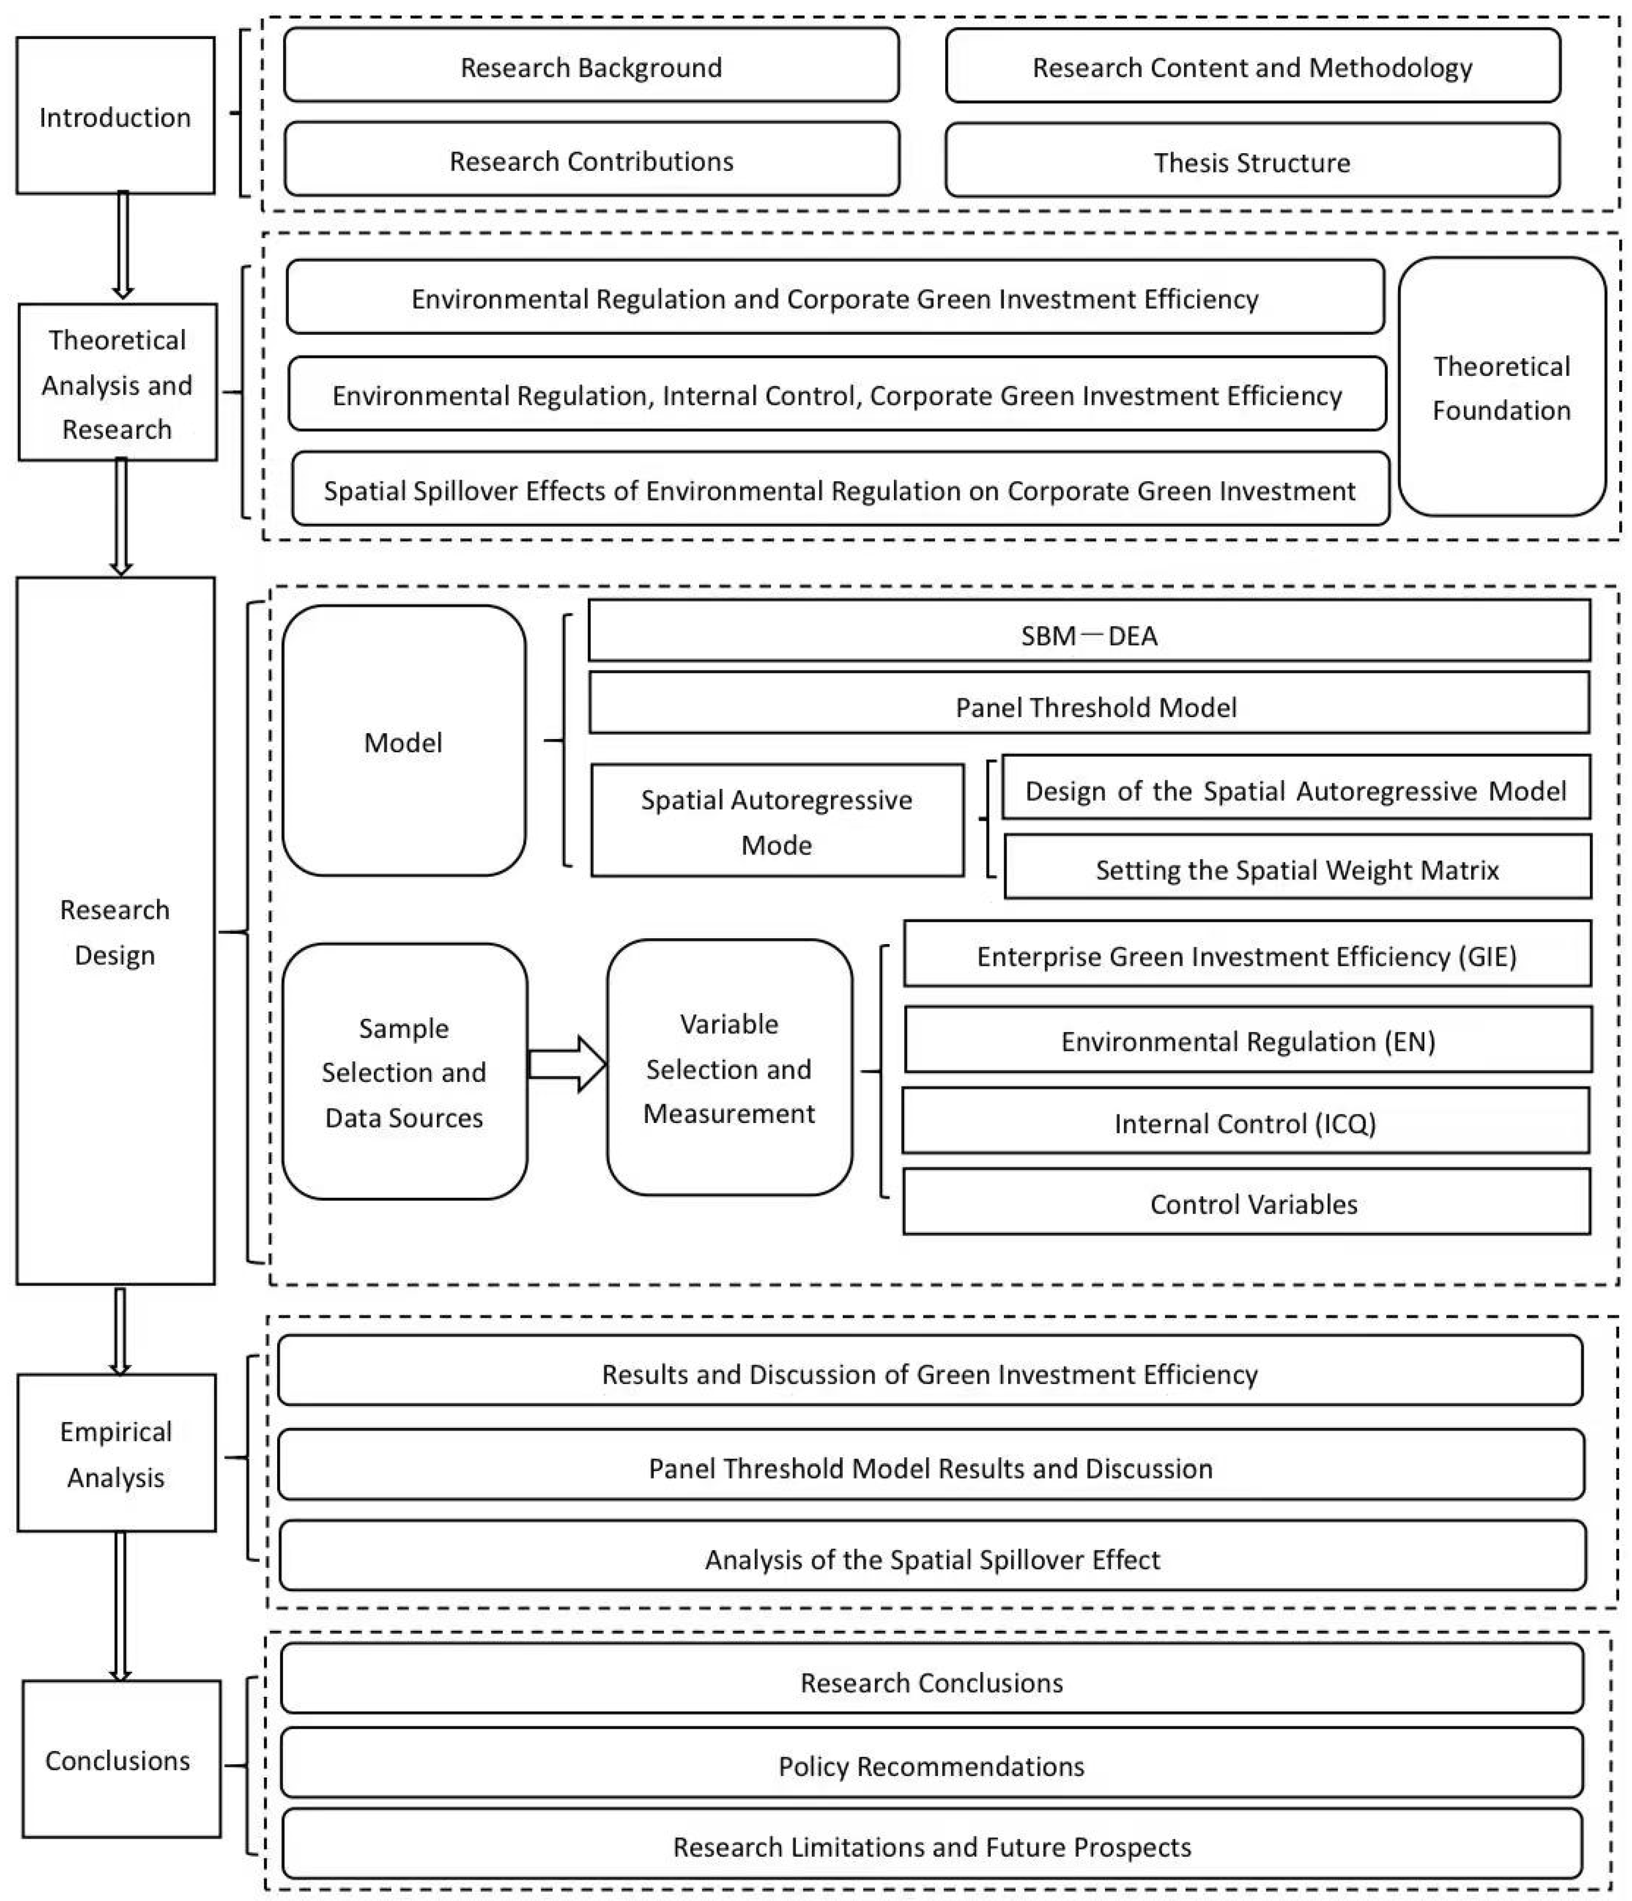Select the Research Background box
tap(591, 66)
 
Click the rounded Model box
tap(404, 741)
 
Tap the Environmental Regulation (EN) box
tap(1247, 1040)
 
